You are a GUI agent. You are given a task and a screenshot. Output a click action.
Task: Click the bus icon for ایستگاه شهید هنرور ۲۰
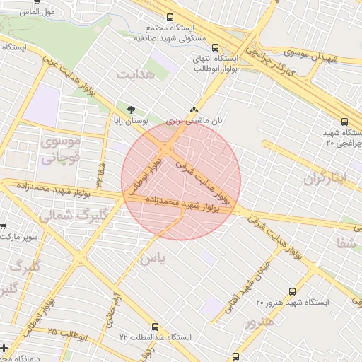point(293,291)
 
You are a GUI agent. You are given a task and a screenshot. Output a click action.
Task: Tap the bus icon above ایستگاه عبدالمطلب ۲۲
point(155,327)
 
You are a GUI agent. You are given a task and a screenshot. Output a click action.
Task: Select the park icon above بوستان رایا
point(131,110)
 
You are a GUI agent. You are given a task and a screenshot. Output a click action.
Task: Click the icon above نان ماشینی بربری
point(194,110)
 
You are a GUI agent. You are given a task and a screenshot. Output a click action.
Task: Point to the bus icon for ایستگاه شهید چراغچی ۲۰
point(344,122)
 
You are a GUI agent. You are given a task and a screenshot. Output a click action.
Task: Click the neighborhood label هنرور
point(257,325)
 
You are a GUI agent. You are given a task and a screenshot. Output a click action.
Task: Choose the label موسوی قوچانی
point(62,150)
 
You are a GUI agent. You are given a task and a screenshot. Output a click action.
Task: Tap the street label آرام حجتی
point(112,311)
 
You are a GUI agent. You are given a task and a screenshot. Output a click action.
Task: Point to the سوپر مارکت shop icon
point(3,226)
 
